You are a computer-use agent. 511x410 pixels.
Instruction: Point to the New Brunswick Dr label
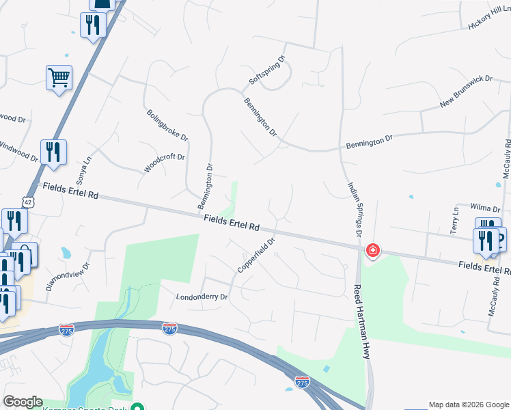[x=467, y=92]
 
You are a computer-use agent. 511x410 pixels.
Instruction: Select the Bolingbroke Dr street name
[x=167, y=124]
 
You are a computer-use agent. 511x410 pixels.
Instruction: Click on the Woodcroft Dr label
[x=165, y=162]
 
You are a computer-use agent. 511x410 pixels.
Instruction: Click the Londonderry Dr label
[x=202, y=297]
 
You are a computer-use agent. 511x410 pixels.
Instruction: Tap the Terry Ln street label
[x=454, y=221]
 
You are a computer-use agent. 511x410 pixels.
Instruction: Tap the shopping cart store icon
[x=59, y=77]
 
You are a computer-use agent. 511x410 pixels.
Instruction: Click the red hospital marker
[x=373, y=251]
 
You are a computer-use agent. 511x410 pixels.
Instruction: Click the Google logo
[x=23, y=402]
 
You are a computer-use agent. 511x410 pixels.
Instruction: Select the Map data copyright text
[x=469, y=405]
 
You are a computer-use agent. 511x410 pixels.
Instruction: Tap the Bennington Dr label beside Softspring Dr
[x=260, y=116]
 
